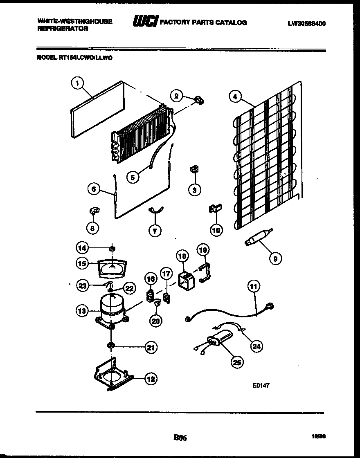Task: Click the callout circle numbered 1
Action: click(76, 83)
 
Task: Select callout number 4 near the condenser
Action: click(234, 97)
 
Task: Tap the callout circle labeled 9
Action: click(275, 258)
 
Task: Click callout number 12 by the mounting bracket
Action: click(151, 379)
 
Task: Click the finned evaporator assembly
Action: click(141, 133)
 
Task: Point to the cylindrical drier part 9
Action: click(253, 240)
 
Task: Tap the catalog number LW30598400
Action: click(306, 23)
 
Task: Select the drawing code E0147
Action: click(261, 385)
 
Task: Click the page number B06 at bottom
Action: click(180, 438)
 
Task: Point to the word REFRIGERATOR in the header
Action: click(63, 29)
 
